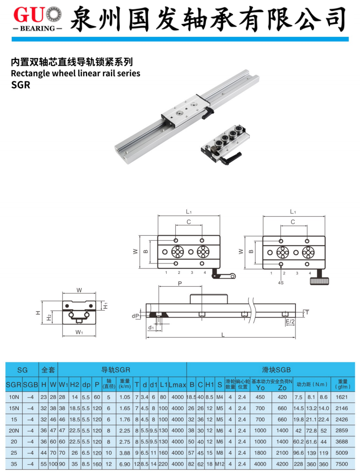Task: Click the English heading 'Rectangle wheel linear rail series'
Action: tap(75, 73)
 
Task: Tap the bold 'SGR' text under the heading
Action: tap(20, 85)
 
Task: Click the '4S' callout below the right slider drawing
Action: tap(281, 283)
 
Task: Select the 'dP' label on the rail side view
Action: tap(135, 315)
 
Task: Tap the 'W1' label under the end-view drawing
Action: tap(79, 332)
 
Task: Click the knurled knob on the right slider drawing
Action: tap(319, 281)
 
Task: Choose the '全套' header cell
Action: tap(48, 370)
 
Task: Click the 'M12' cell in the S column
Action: tap(220, 464)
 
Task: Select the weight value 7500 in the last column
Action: tap(343, 464)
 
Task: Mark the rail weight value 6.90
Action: tap(124, 464)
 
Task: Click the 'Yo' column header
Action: tap(260, 388)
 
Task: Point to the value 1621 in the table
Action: tap(343, 397)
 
